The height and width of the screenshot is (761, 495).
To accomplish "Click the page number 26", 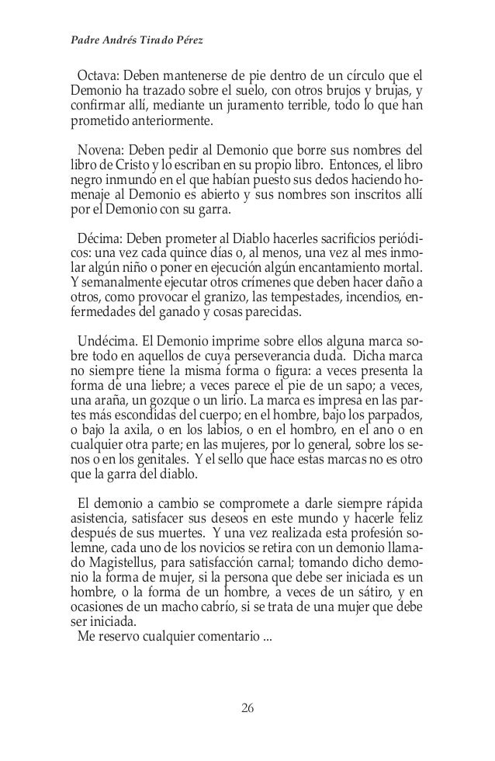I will click(x=247, y=707).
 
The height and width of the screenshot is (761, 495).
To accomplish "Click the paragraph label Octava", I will click(x=98, y=77).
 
